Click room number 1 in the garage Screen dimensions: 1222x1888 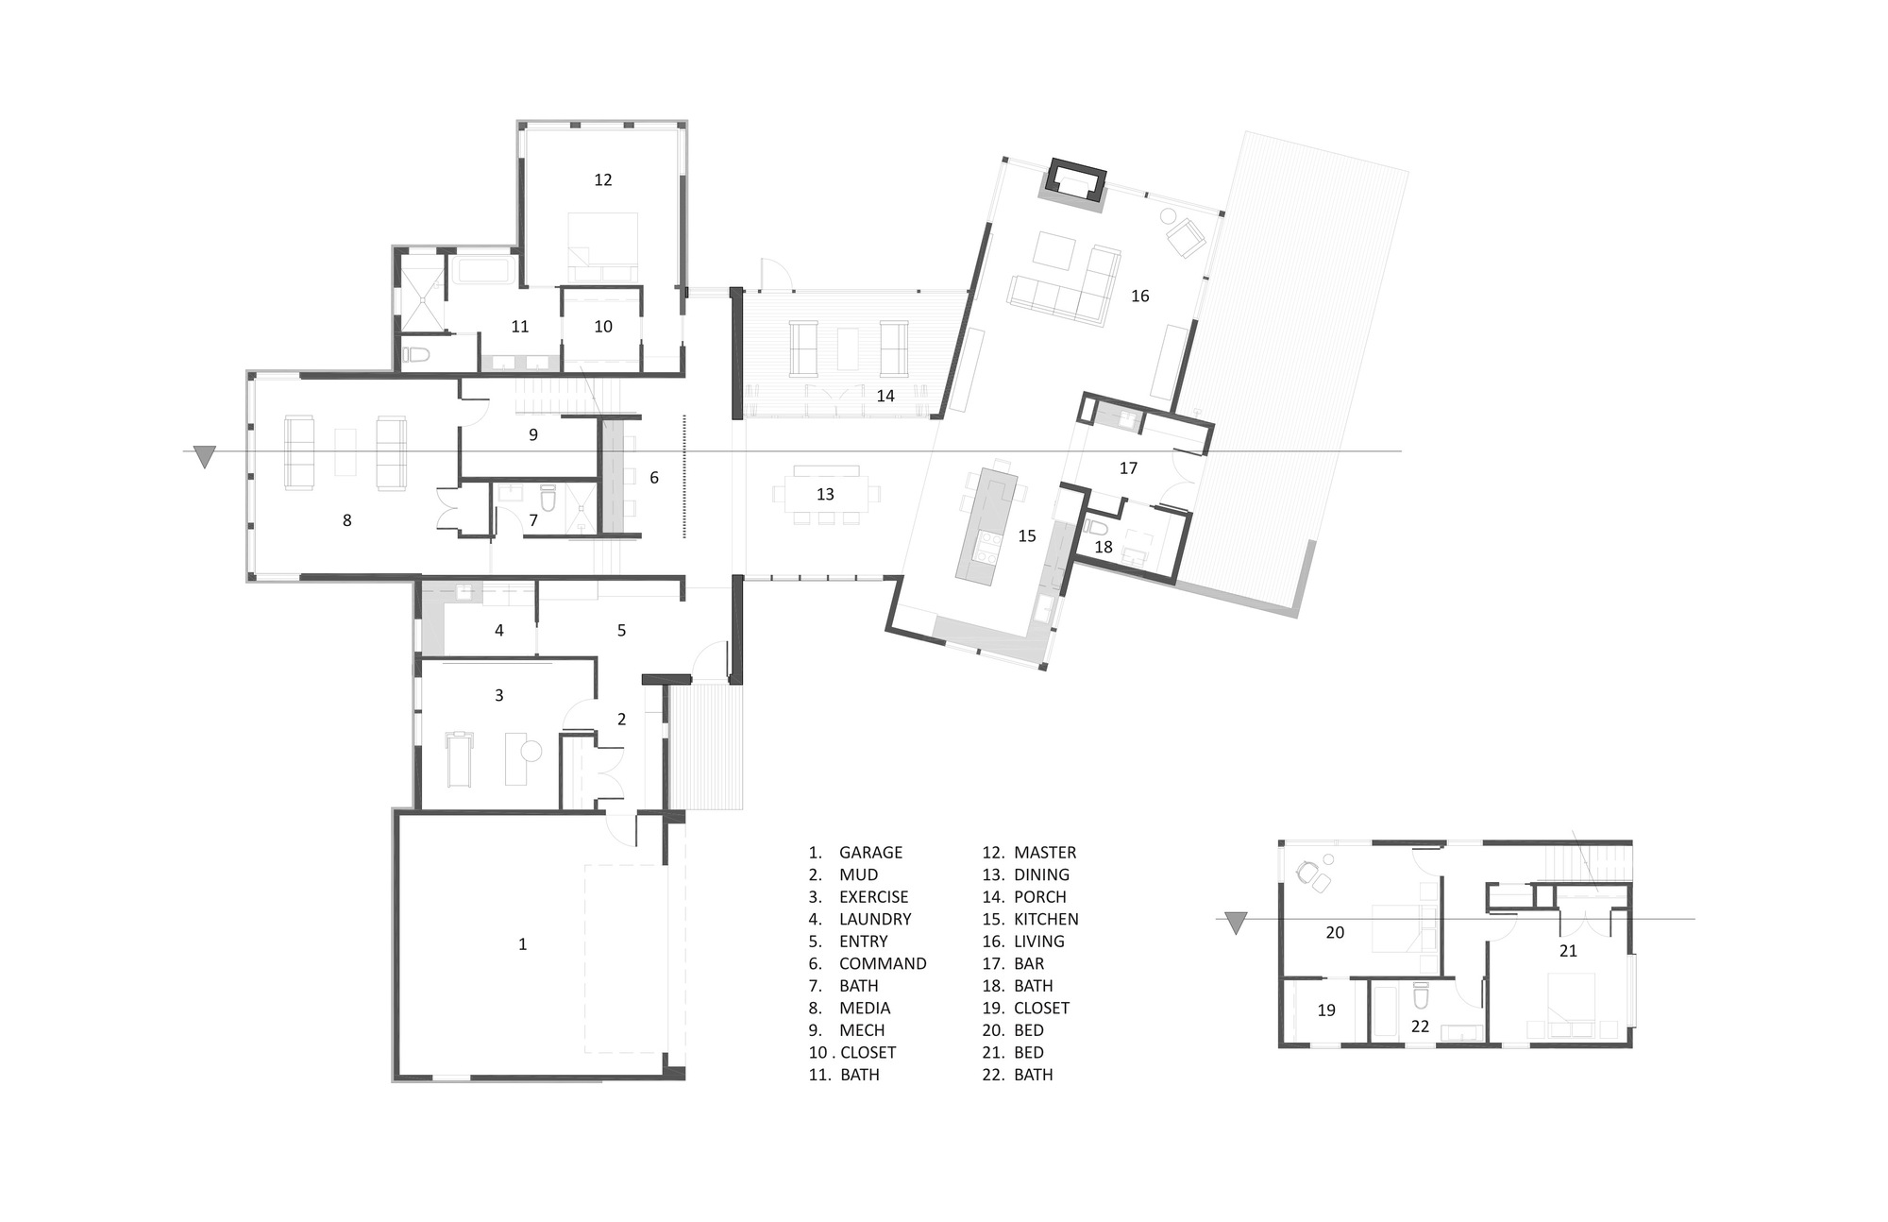click(x=522, y=944)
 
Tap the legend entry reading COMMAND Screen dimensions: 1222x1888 click(x=882, y=963)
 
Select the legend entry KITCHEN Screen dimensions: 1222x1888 click(x=1045, y=919)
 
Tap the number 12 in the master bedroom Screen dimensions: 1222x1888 click(x=603, y=179)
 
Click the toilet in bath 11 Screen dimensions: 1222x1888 click(x=416, y=355)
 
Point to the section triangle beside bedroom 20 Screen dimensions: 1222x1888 click(x=1235, y=923)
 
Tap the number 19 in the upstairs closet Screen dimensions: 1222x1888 click(x=1326, y=1010)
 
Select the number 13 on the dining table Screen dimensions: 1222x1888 click(x=825, y=494)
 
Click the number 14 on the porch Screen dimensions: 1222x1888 click(x=885, y=396)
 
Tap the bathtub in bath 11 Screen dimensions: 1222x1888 click(x=483, y=270)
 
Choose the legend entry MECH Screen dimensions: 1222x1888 click(x=861, y=1030)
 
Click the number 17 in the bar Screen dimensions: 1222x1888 click(x=1128, y=467)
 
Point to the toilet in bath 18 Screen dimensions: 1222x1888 click(x=1095, y=527)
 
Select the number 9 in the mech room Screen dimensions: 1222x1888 click(x=533, y=434)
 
